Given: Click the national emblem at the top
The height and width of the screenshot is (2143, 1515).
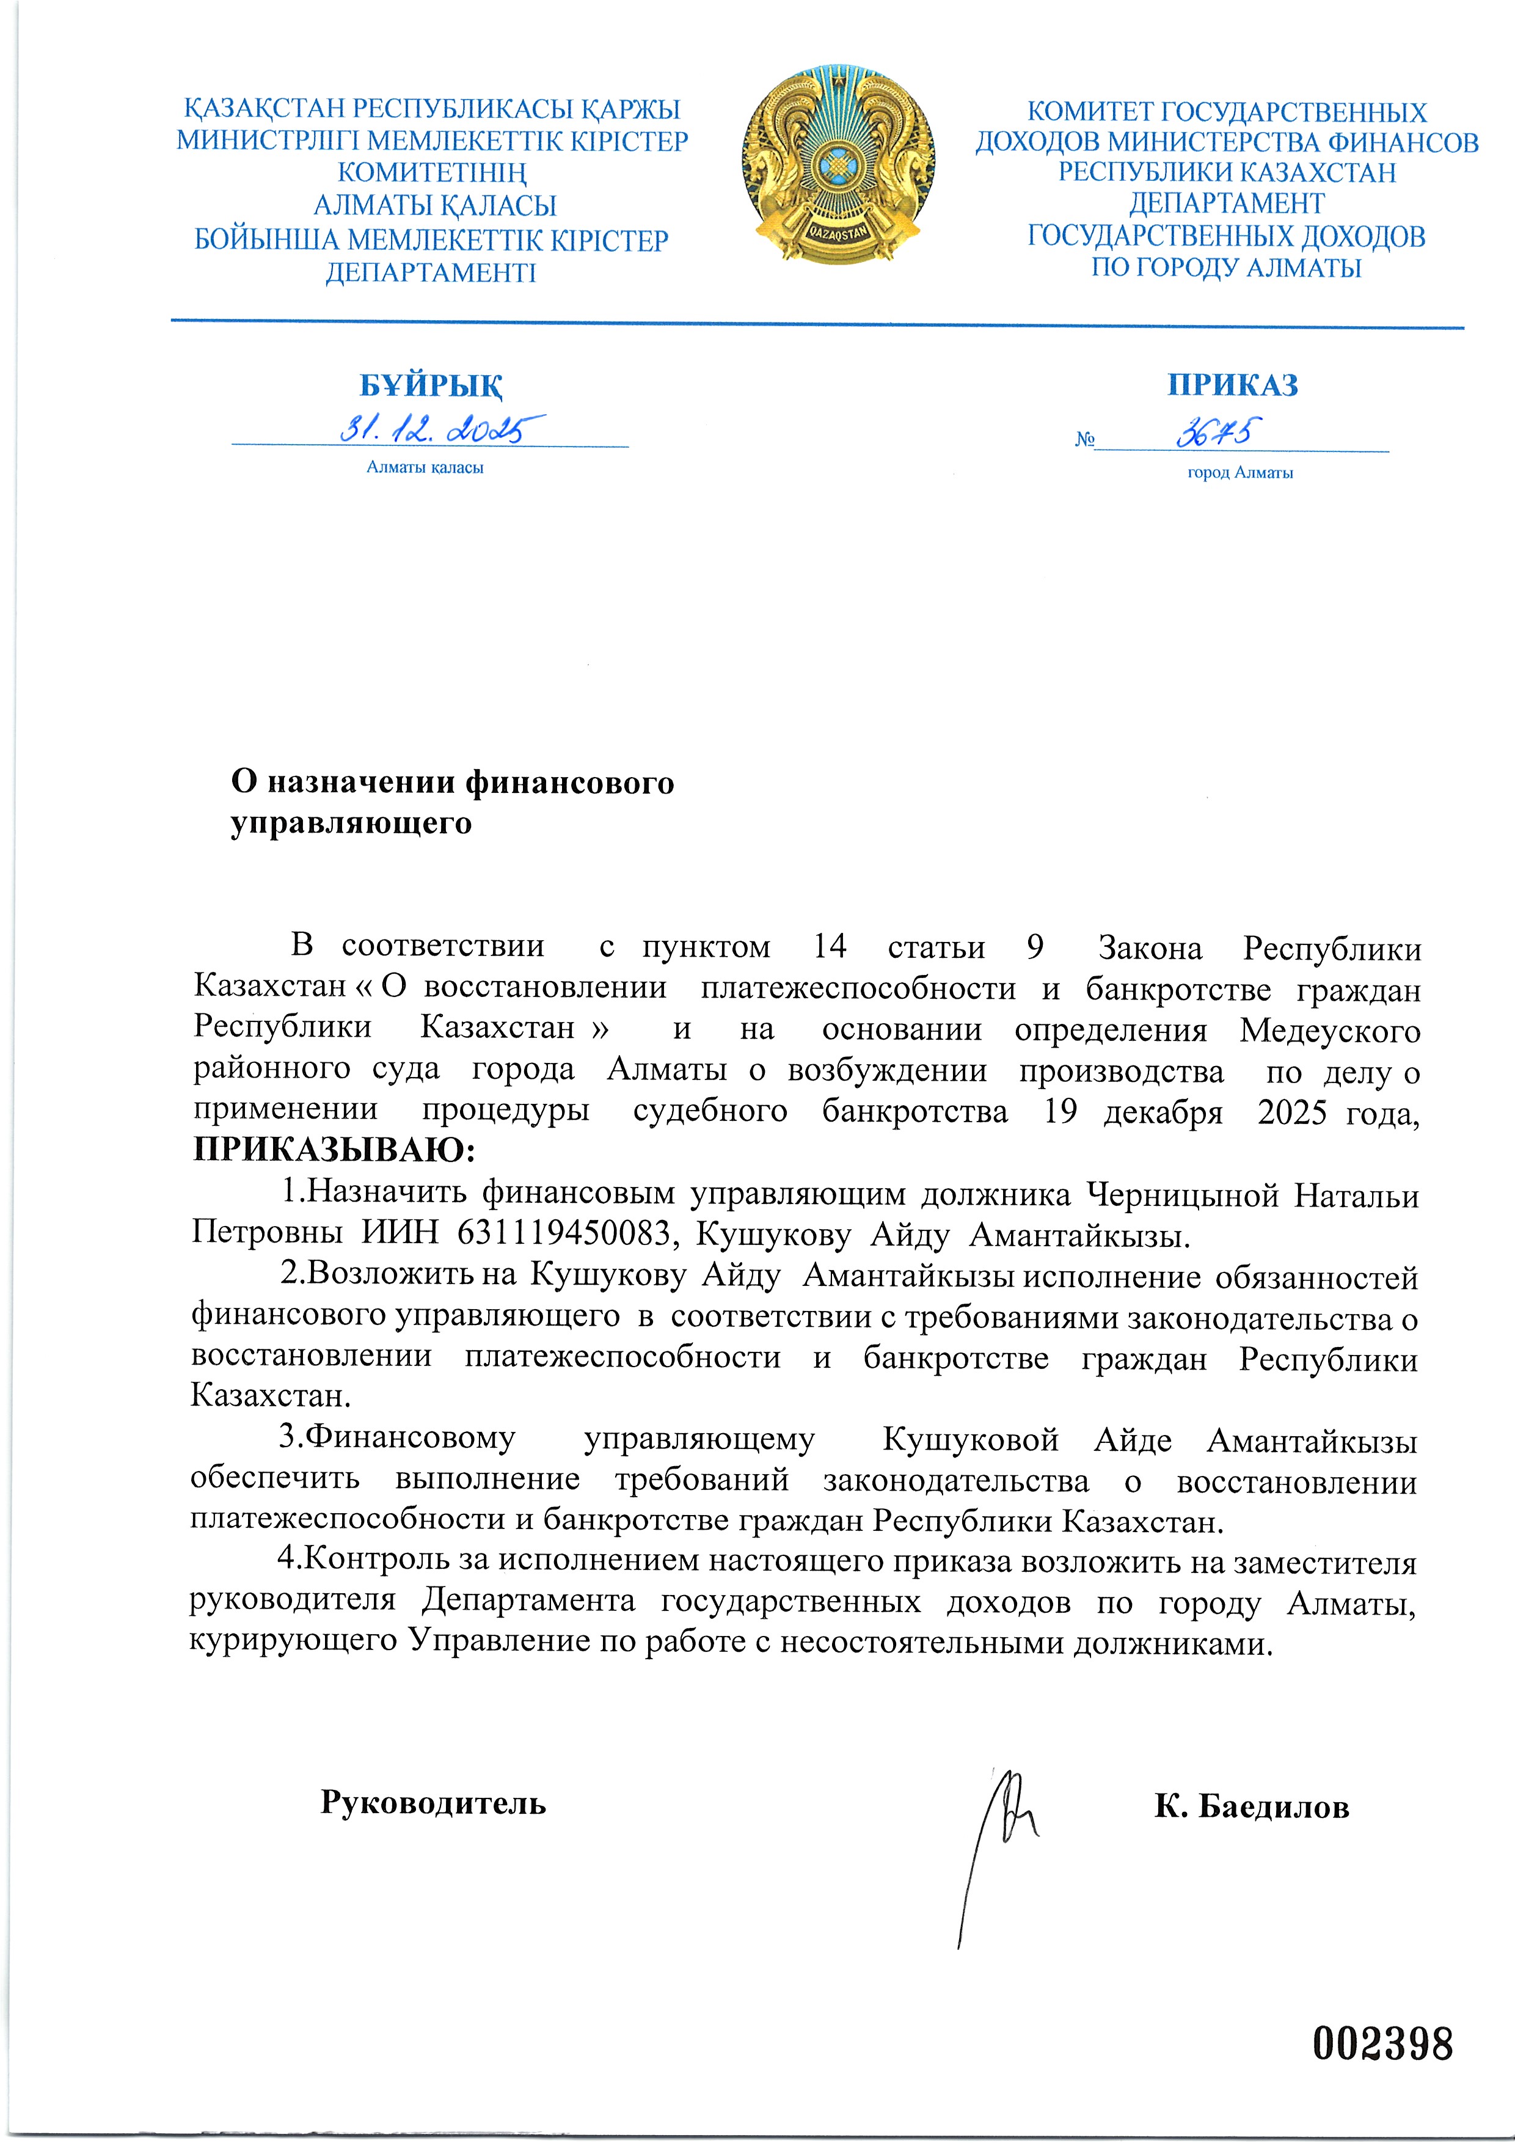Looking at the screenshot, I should click(839, 165).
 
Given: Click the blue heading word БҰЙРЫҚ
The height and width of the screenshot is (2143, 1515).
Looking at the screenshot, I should click(431, 384).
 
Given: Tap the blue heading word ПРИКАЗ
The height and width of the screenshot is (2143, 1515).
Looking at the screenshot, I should click(1232, 384).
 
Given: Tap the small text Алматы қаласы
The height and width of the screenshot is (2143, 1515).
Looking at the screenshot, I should click(425, 467).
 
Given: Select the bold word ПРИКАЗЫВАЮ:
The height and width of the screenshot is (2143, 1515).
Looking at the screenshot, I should click(334, 1150).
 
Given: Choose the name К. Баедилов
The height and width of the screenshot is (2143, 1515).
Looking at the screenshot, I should click(1251, 1807).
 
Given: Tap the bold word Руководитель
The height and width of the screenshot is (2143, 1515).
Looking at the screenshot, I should click(433, 1802).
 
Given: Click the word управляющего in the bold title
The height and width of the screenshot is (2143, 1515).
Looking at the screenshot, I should click(351, 823).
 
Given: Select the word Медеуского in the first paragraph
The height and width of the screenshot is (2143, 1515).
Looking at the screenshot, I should click(1329, 1031).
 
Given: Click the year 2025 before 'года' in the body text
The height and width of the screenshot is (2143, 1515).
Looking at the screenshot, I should click(1292, 1112).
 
